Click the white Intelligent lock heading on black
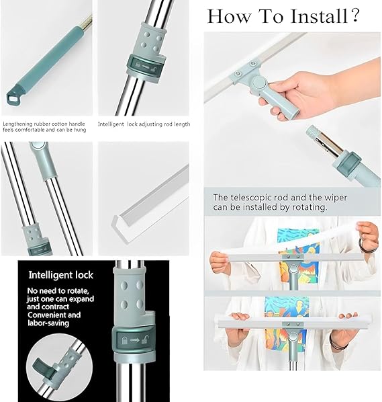pyautogui.click(x=61, y=276)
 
